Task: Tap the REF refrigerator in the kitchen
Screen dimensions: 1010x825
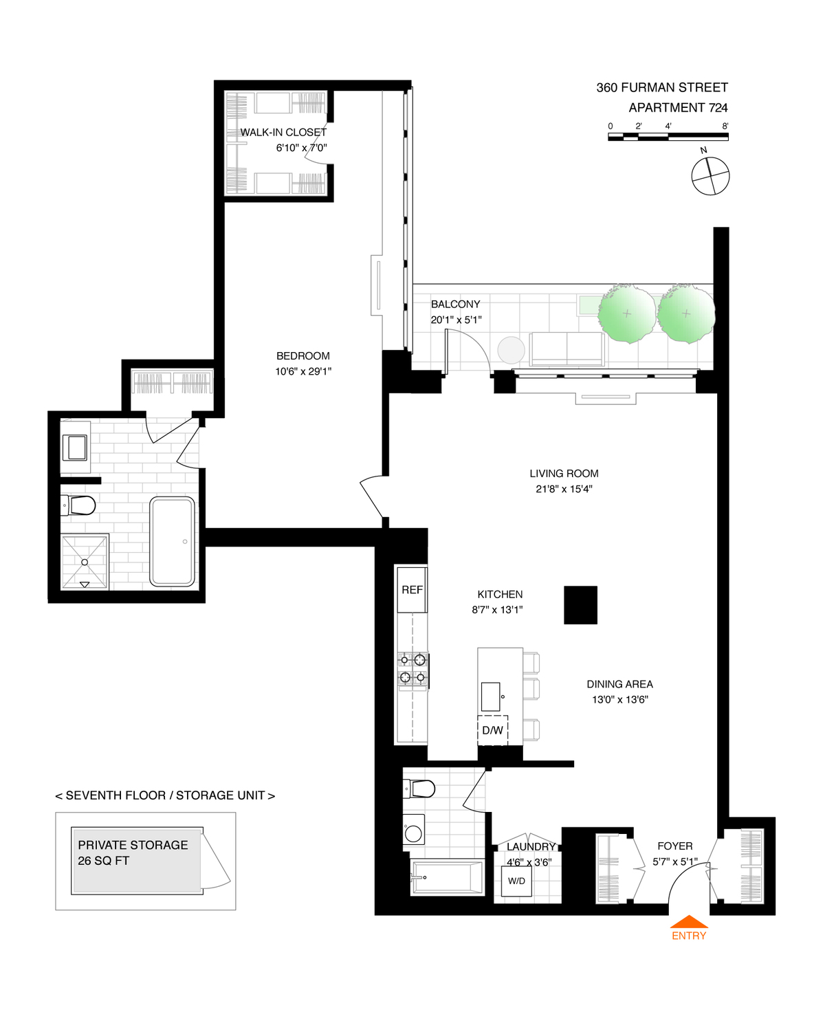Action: click(412, 589)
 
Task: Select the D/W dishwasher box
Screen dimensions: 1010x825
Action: click(492, 730)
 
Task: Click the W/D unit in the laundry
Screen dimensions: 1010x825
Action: click(516, 881)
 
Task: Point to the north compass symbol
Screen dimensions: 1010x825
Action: click(710, 176)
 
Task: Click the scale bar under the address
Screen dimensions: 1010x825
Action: click(668, 137)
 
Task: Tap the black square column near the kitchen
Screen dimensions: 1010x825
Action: click(580, 605)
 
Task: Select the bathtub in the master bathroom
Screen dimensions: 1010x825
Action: click(172, 541)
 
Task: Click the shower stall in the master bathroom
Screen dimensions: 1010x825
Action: click(85, 562)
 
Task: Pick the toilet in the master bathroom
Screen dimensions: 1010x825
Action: click(80, 506)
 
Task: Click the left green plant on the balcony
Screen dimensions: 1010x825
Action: click(626, 314)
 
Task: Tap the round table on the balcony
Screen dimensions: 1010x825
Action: click(511, 350)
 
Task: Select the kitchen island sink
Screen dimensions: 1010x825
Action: click(491, 696)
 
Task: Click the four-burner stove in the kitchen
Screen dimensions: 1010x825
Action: click(413, 669)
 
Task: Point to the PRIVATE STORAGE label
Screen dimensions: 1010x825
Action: click(133, 845)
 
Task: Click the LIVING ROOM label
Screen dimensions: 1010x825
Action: click(564, 473)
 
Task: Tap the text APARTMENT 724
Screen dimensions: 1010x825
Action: click(678, 107)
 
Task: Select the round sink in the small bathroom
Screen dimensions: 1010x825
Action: click(413, 833)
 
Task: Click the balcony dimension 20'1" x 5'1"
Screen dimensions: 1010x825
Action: click(456, 320)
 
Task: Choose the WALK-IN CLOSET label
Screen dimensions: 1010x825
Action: click(283, 132)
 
